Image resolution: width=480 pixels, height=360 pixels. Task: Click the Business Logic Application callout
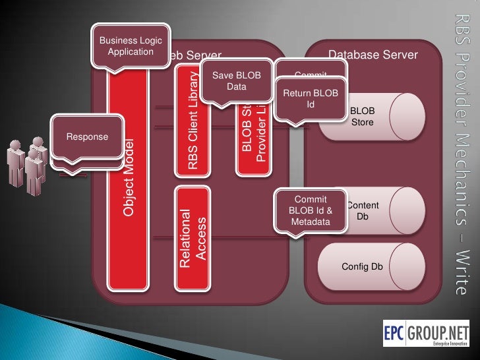point(131,45)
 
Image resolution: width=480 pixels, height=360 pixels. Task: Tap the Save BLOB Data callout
point(236,80)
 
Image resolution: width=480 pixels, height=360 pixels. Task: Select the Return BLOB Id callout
point(310,99)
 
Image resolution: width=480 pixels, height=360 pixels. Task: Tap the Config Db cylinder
point(362,266)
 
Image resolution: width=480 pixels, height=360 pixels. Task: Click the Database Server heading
point(373,55)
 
